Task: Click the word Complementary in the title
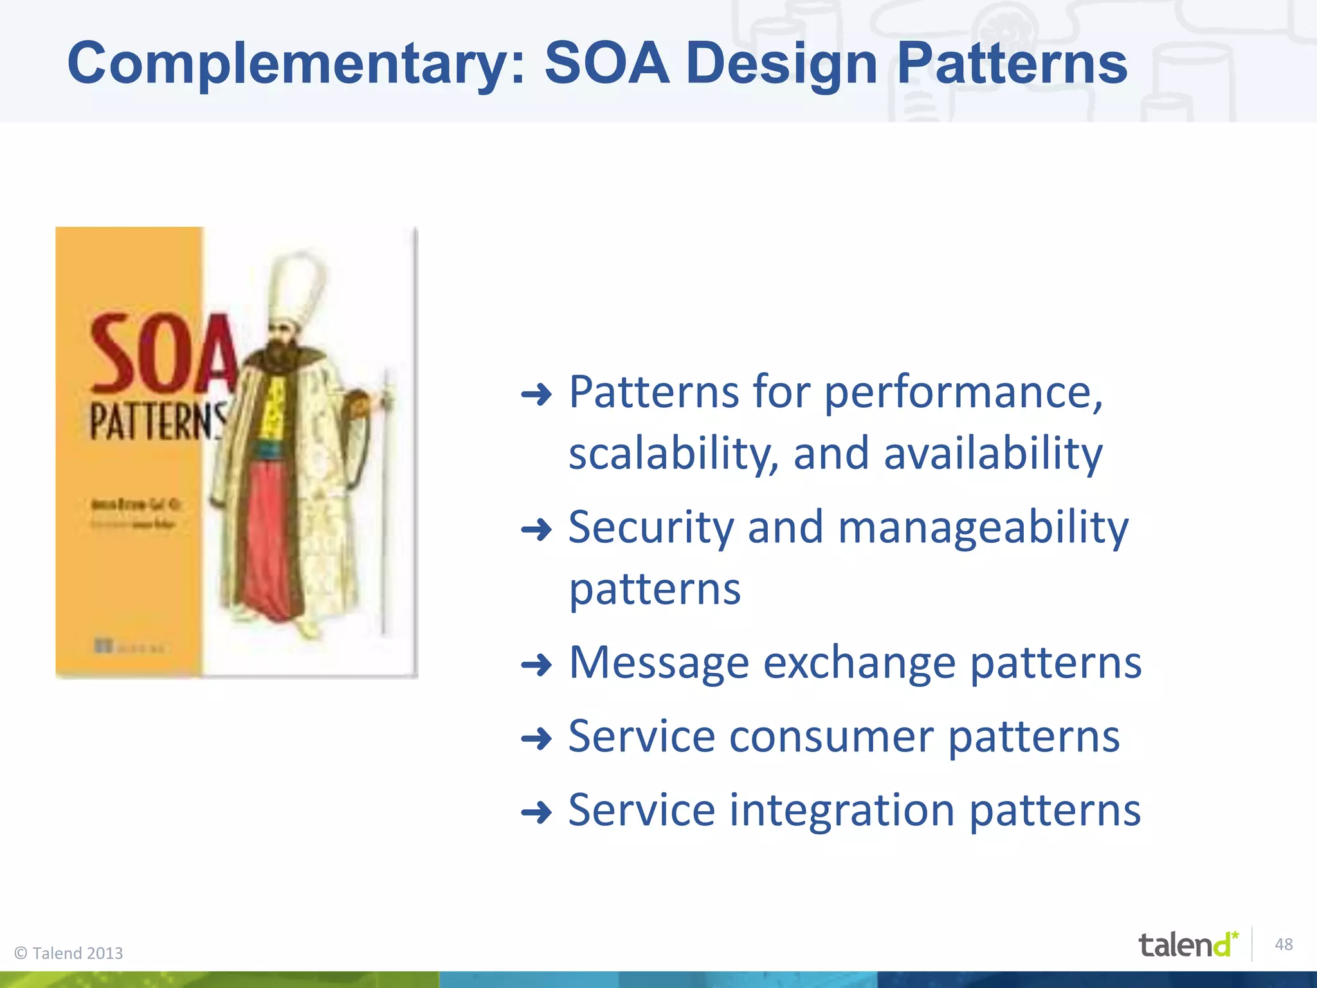(x=296, y=64)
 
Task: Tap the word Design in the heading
(x=781, y=64)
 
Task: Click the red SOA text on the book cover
(x=161, y=356)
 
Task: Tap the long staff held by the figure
(x=386, y=502)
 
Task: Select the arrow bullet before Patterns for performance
(x=536, y=394)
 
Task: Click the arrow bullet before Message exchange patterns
(x=536, y=665)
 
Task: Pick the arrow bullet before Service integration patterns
(x=536, y=812)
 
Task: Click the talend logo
(x=1187, y=944)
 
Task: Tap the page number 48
(x=1284, y=944)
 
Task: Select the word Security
(x=650, y=527)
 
